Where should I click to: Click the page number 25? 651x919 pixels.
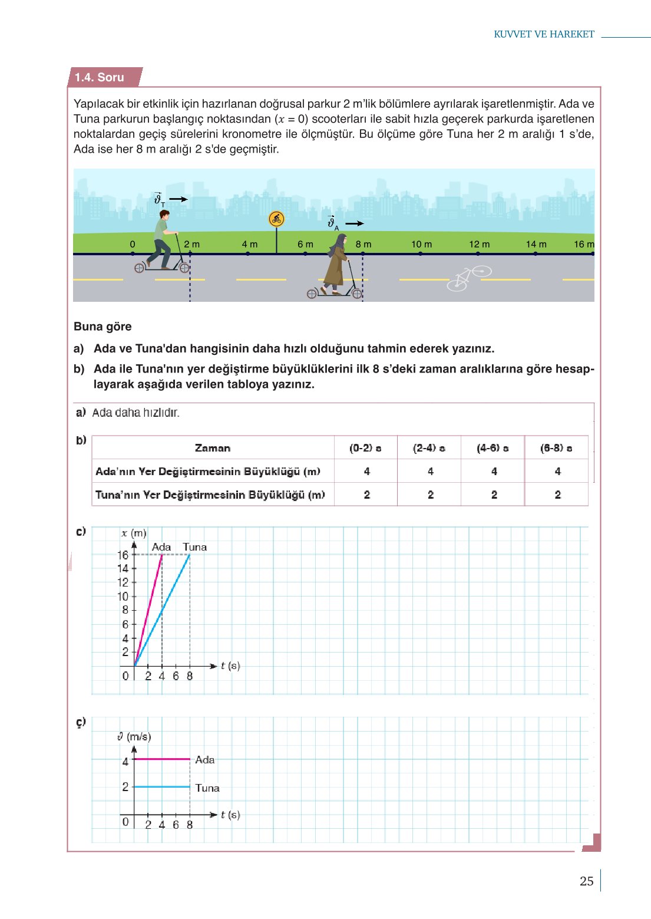pyautogui.click(x=586, y=881)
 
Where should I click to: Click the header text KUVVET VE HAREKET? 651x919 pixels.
pyautogui.click(x=544, y=34)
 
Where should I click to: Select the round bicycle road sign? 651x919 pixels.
pyautogui.click(x=276, y=219)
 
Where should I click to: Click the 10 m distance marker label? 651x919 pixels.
pyautogui.click(x=421, y=244)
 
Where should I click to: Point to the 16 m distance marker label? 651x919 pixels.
pyautogui.click(x=584, y=244)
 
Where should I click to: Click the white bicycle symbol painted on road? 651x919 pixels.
pyautogui.click(x=468, y=278)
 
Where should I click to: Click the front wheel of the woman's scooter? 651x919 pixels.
pyautogui.click(x=357, y=294)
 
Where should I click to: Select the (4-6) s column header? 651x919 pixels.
pyautogui.click(x=493, y=448)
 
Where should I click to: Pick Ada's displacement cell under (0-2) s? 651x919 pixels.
pyautogui.click(x=366, y=471)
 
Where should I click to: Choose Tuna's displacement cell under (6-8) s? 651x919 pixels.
pyautogui.click(x=557, y=495)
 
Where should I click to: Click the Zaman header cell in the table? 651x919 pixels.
pyautogui.click(x=213, y=448)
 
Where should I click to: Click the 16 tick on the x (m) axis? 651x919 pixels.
pyautogui.click(x=123, y=555)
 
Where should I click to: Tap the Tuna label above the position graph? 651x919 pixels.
pyautogui.click(x=194, y=547)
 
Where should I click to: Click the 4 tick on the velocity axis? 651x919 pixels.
pyautogui.click(x=125, y=762)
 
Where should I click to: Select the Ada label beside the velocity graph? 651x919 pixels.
pyautogui.click(x=205, y=760)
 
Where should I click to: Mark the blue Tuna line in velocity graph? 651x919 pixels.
pyautogui.click(x=162, y=787)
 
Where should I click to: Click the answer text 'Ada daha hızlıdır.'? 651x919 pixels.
pyautogui.click(x=136, y=413)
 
